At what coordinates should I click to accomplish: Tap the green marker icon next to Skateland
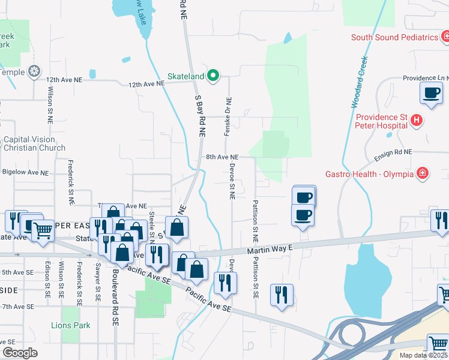212,76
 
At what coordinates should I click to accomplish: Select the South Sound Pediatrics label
394,37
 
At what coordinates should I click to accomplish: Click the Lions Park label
70,325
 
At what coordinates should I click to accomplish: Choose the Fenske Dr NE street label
228,116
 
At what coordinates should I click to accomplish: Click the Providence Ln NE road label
425,78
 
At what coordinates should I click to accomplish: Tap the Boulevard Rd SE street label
115,296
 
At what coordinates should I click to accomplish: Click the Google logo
20,352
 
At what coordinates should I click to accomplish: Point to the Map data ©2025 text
424,355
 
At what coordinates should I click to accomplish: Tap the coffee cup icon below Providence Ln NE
431,94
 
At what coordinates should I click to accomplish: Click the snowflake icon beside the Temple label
35,72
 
